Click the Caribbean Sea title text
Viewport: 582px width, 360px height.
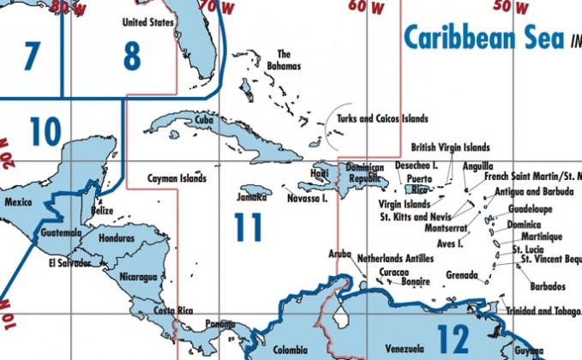pos(483,39)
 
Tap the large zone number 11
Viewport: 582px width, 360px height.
pos(248,226)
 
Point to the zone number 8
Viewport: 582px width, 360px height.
pos(131,57)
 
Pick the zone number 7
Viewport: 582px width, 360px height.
pos(32,57)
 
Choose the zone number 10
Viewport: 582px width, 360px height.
pos(45,132)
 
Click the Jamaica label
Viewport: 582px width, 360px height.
pos(251,197)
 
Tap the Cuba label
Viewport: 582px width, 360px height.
pos(204,121)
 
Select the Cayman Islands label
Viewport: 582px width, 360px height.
pos(177,179)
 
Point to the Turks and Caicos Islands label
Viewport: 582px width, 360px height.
pos(382,119)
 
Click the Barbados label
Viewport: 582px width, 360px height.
pos(548,285)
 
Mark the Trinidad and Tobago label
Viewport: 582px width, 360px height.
pos(543,310)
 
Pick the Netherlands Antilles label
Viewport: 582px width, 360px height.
pos(395,257)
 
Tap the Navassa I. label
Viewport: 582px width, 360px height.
pos(308,198)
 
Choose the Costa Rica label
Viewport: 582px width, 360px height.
pos(171,310)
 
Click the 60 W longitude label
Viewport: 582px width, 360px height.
pos(366,7)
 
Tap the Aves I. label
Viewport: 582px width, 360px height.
pos(450,243)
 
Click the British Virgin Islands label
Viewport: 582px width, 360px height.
pos(450,147)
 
